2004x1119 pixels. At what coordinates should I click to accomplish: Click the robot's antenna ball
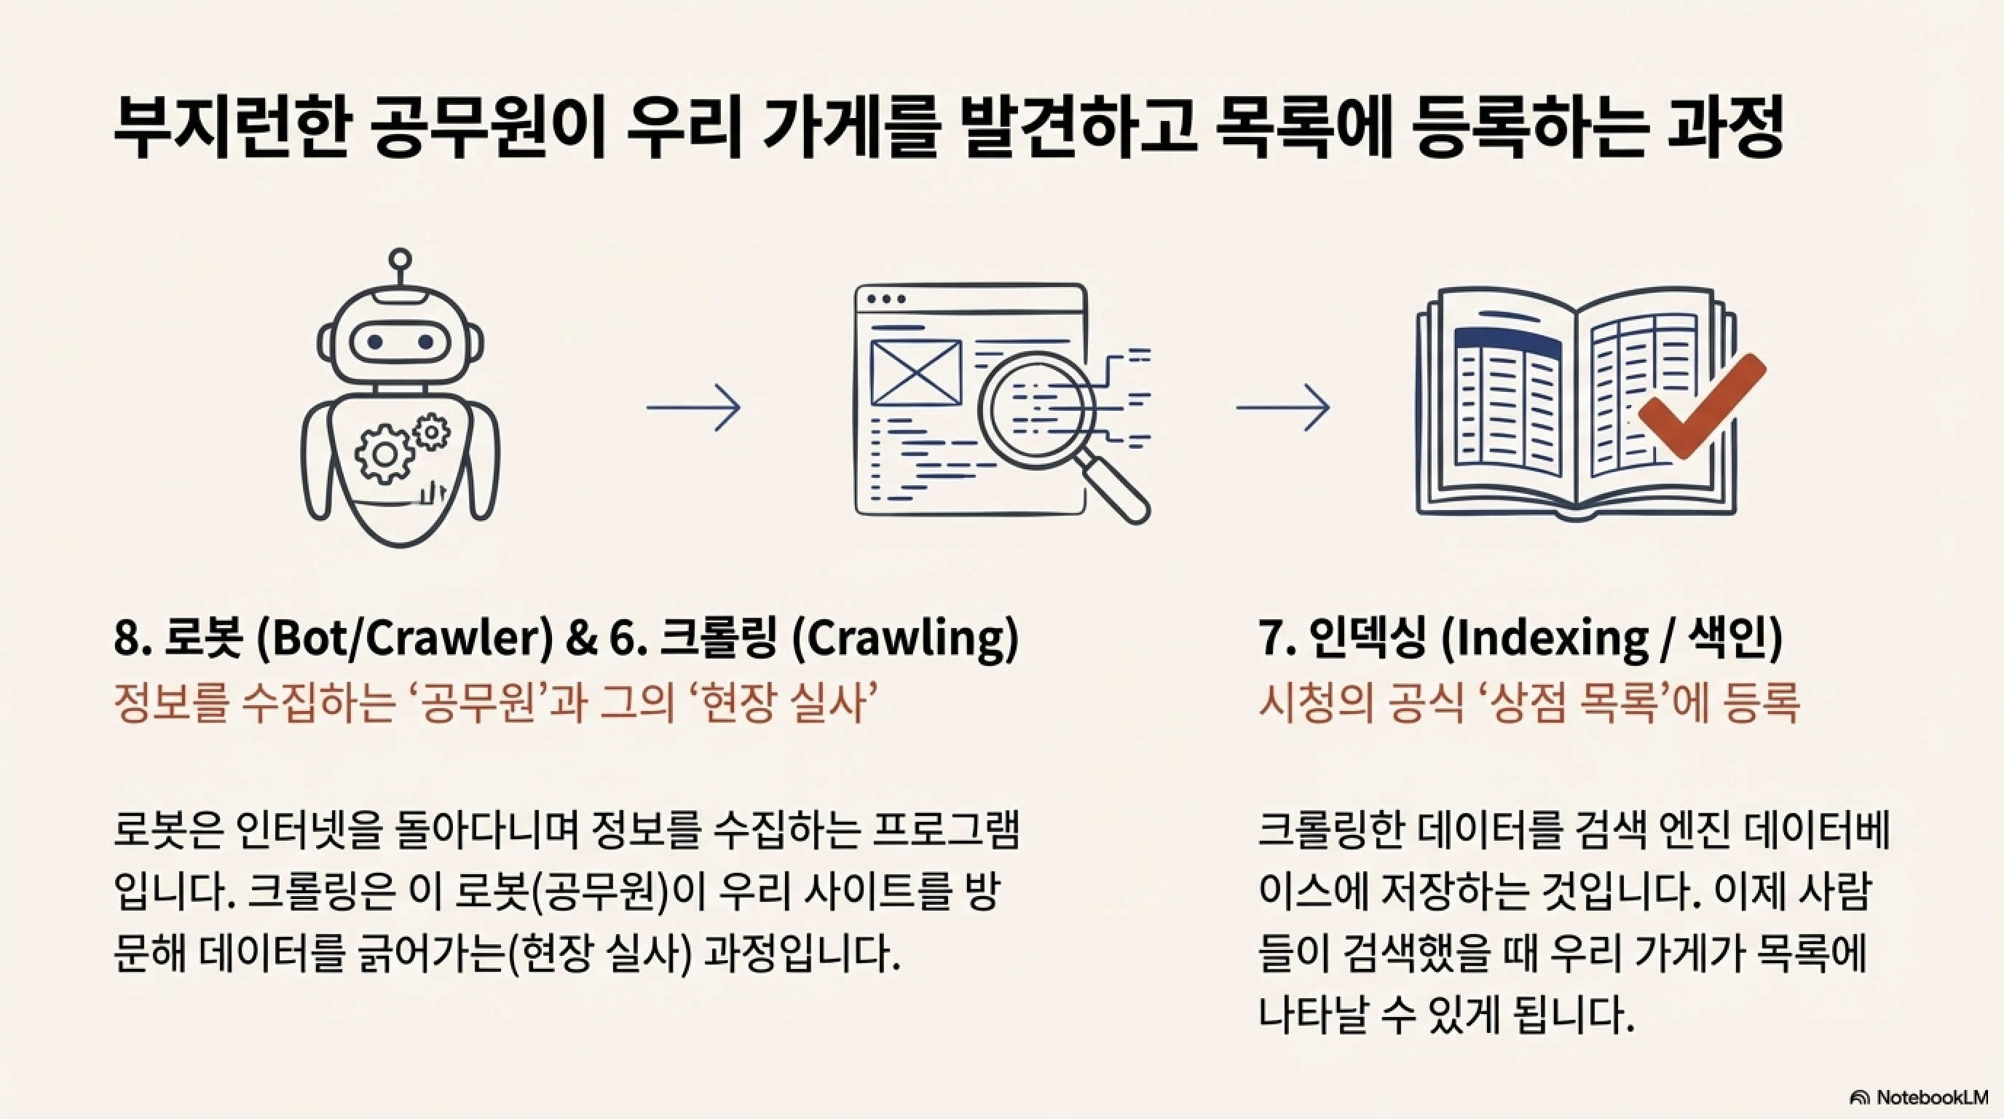(x=400, y=259)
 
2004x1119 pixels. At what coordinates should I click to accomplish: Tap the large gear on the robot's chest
(x=384, y=454)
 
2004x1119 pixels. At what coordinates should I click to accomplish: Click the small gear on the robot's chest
(x=431, y=431)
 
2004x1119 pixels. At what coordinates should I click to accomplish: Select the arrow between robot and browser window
(x=693, y=407)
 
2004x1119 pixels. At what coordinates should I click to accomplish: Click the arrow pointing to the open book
(x=1282, y=407)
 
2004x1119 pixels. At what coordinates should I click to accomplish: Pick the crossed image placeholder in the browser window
(x=915, y=373)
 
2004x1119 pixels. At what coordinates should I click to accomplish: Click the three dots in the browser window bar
(x=886, y=299)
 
